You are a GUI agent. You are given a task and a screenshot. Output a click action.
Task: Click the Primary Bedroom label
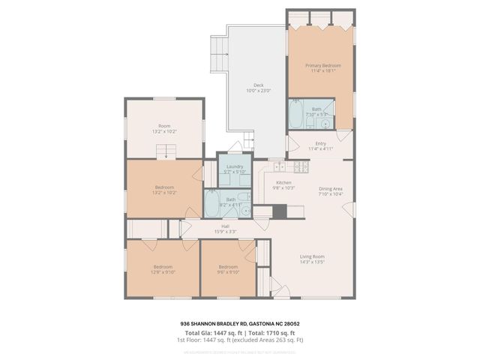322,66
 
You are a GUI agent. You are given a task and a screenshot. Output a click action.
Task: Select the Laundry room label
235,166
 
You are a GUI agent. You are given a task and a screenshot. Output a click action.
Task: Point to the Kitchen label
283,182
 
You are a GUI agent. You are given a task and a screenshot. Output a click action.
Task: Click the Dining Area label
331,188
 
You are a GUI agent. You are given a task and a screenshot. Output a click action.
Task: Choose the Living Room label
312,256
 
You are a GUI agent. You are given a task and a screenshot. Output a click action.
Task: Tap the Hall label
225,226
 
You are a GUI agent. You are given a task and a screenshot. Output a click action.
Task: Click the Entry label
321,143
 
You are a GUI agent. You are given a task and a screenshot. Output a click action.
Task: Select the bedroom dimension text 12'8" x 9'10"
163,272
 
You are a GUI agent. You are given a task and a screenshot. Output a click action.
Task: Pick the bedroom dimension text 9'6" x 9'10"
228,272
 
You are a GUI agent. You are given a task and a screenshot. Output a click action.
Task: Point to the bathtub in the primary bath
297,117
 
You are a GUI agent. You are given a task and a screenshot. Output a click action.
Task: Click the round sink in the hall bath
245,211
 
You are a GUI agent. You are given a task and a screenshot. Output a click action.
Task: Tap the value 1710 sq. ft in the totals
281,331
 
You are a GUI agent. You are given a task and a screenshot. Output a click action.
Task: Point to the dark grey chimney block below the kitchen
280,211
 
